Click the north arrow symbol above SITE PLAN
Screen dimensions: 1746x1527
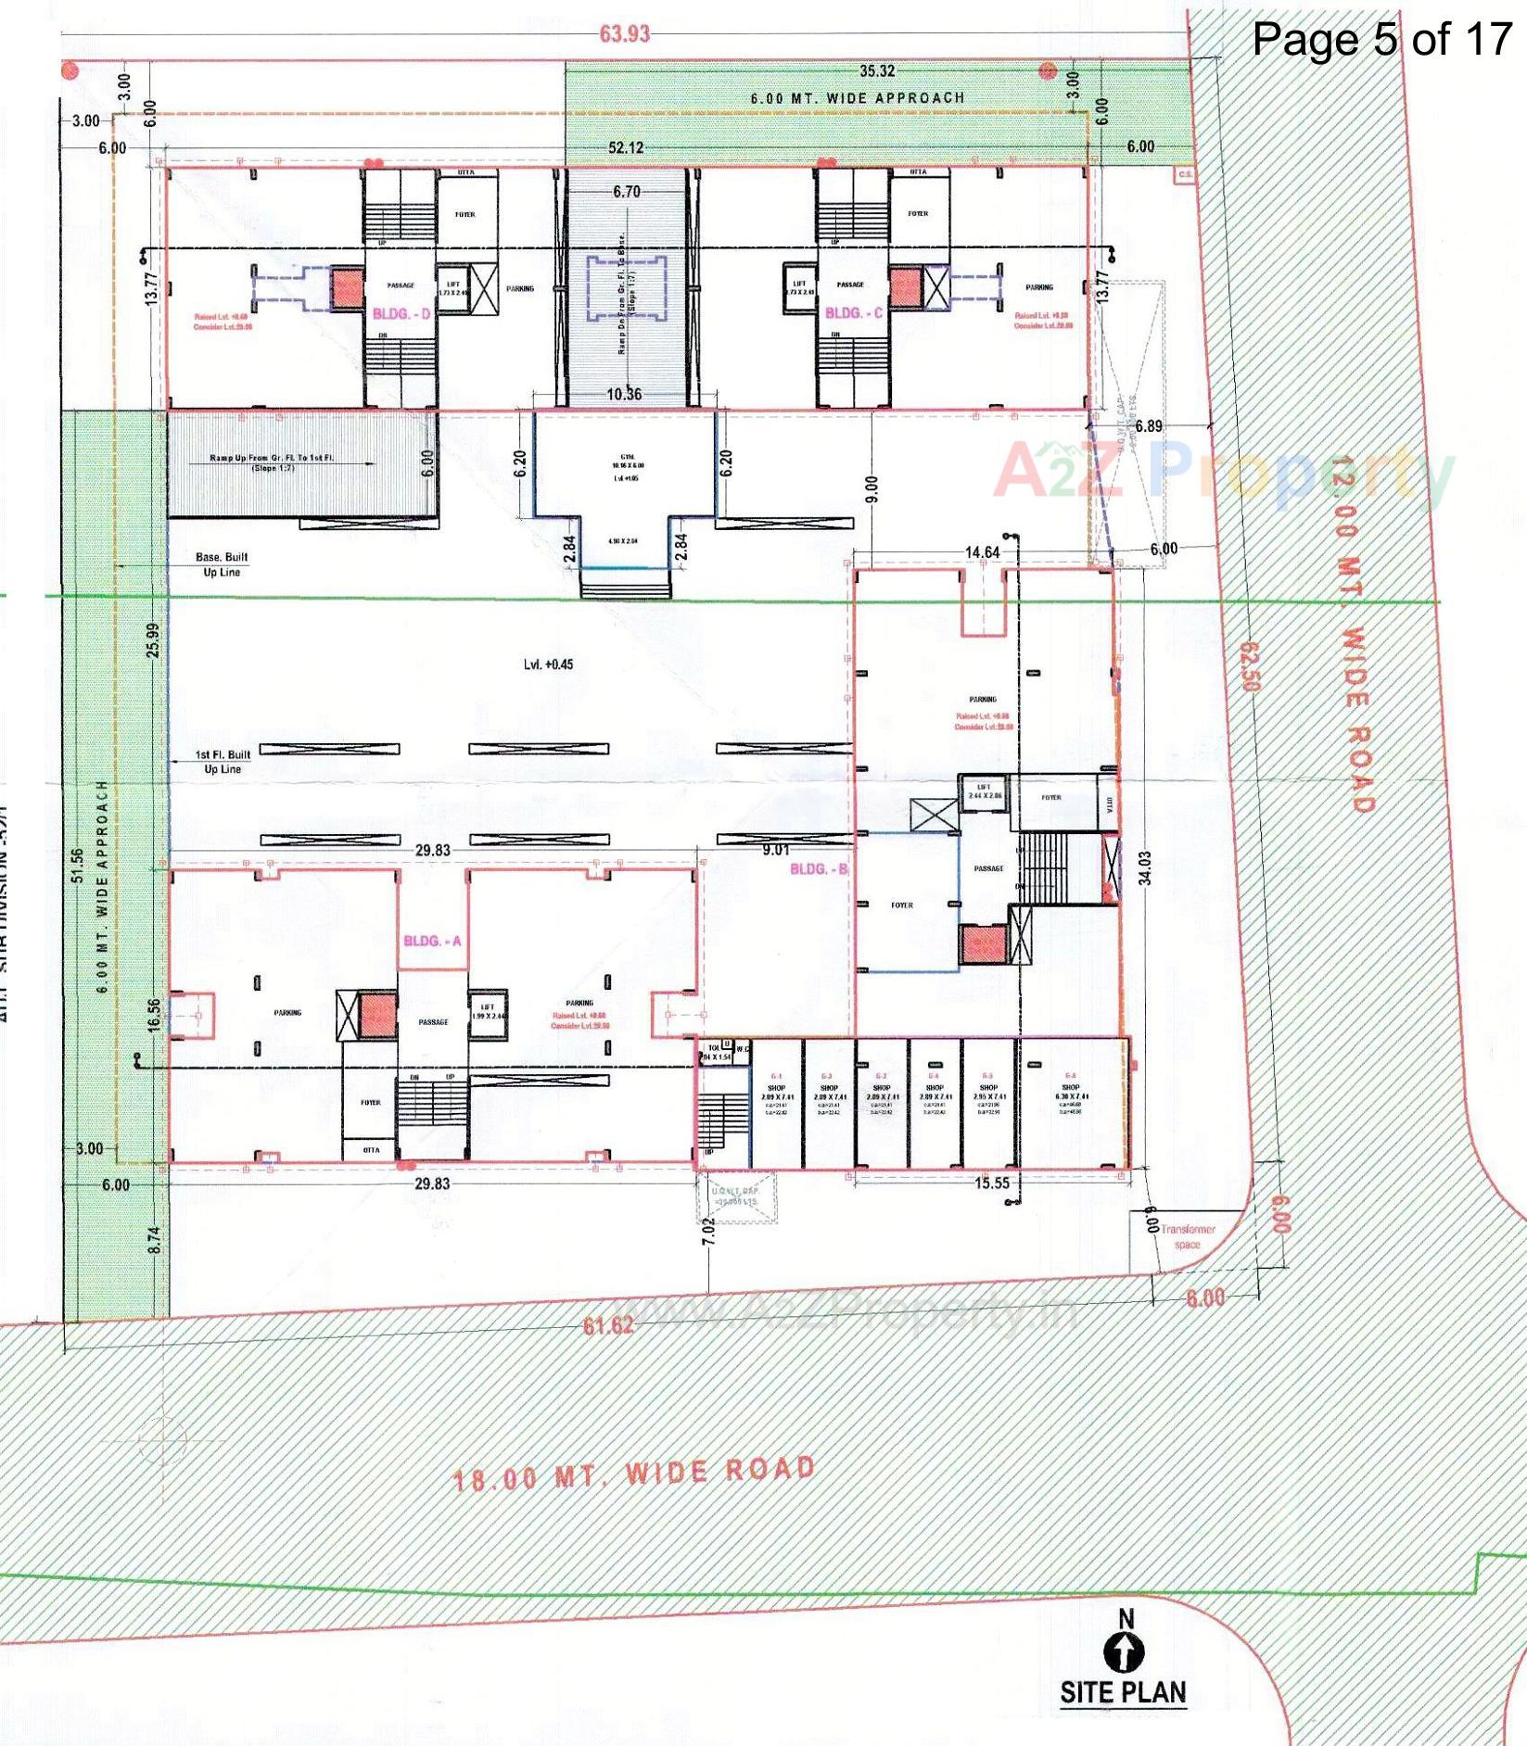click(x=1124, y=1651)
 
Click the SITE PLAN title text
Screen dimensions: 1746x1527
click(x=1123, y=1691)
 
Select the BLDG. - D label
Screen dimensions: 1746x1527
click(x=401, y=314)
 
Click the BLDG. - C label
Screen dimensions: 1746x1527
click(x=854, y=313)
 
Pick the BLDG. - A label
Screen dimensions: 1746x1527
click(x=432, y=942)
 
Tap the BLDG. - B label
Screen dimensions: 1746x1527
click(x=819, y=869)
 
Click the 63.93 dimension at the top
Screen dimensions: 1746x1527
click(x=625, y=34)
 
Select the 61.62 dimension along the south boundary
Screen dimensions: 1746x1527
click(x=608, y=1325)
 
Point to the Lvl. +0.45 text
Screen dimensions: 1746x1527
click(x=548, y=664)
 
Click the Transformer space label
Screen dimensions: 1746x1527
click(x=1188, y=1236)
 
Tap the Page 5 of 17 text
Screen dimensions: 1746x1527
click(x=1381, y=39)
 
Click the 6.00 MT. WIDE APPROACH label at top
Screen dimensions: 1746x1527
click(x=858, y=98)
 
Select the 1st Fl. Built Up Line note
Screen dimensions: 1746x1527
click(x=223, y=762)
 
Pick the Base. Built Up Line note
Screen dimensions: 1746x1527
click(x=222, y=564)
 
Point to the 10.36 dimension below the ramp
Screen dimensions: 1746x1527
click(x=624, y=394)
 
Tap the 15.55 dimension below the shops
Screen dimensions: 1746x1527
click(x=991, y=1183)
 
